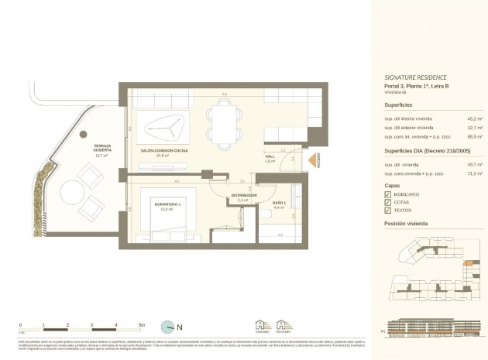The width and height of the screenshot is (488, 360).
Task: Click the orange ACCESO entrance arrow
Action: [x=314, y=159]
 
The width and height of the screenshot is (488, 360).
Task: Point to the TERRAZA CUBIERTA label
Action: [x=103, y=149]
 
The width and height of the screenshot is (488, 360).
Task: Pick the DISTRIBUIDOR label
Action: [x=242, y=195]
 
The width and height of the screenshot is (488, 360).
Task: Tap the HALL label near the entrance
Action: [x=270, y=157]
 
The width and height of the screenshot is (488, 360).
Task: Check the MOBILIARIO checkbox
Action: [x=388, y=194]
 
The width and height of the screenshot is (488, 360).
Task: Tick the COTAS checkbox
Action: [x=388, y=202]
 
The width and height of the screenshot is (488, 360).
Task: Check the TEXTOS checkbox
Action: [x=388, y=210]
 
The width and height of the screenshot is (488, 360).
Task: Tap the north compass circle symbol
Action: [x=167, y=327]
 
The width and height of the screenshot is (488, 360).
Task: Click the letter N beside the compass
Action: [x=180, y=327]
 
